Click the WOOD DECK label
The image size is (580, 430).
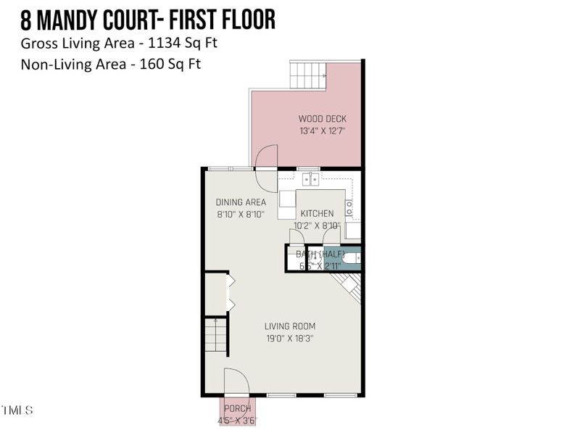[x=323, y=119]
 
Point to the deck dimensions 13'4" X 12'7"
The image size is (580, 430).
[x=323, y=132]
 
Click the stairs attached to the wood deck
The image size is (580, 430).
[x=307, y=75]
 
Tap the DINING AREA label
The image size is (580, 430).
[x=241, y=202]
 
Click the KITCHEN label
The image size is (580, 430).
[x=318, y=214]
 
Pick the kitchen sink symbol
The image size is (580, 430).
[x=310, y=178]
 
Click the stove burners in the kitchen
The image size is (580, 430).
[x=349, y=208]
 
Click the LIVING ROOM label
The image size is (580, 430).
[x=290, y=326]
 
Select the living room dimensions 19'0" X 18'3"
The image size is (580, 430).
[x=290, y=339]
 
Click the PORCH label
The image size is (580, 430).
[x=237, y=409]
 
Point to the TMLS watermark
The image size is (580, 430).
[x=17, y=410]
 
